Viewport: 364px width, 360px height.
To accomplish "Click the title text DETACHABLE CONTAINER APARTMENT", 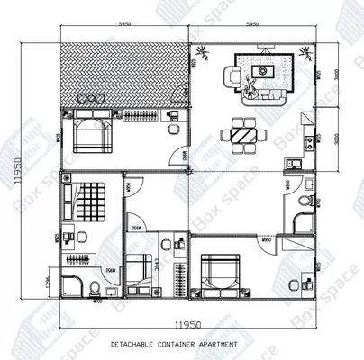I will coord(175,344).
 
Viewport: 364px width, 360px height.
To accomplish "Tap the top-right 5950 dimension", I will coord(252,25).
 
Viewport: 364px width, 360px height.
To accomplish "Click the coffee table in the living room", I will coord(263,70).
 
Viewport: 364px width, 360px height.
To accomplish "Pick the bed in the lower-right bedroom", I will coord(220,272).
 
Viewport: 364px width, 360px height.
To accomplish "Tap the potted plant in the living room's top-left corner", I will coord(196,59).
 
